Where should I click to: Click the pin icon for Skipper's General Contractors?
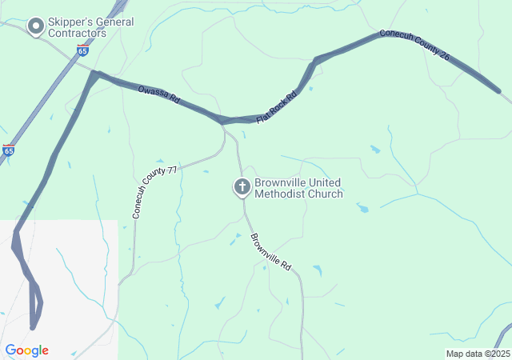(x=35, y=27)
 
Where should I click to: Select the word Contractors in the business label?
(x=77, y=34)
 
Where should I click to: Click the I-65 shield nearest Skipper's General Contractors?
(x=83, y=50)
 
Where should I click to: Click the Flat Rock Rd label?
(x=276, y=107)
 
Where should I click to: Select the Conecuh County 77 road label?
(x=154, y=193)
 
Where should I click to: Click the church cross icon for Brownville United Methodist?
(x=242, y=187)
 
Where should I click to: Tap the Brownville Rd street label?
(x=270, y=251)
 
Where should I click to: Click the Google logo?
(x=26, y=350)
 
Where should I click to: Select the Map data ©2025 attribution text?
(x=477, y=354)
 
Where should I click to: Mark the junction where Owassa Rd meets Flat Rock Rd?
(x=222, y=122)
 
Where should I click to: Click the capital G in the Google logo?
(x=10, y=350)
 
